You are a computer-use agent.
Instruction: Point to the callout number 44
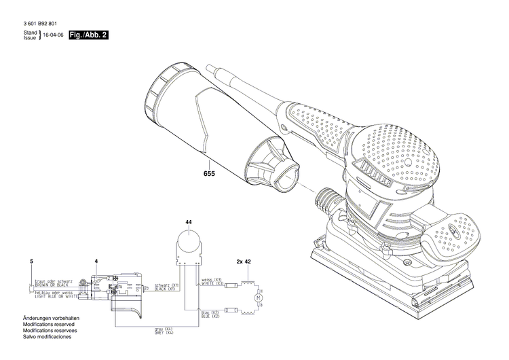click(x=188, y=222)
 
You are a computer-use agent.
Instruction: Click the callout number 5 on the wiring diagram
click(x=31, y=261)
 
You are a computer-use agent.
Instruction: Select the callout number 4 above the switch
click(x=96, y=261)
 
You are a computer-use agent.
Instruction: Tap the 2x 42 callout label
click(x=244, y=261)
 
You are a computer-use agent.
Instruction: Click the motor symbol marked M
click(x=257, y=297)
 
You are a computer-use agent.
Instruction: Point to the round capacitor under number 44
click(x=188, y=243)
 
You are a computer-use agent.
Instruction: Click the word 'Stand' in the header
click(x=31, y=32)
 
